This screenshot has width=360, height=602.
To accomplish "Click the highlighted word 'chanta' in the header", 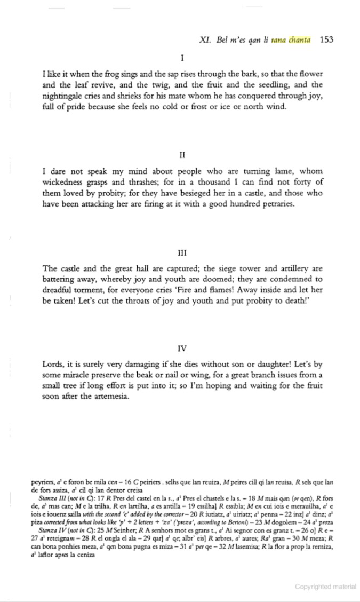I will tap(300, 41).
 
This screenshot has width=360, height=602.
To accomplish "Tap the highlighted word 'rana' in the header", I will tap(278, 41).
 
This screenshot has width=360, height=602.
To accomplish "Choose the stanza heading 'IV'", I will tap(182, 348).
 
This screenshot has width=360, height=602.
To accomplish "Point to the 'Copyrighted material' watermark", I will tap(325, 587).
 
